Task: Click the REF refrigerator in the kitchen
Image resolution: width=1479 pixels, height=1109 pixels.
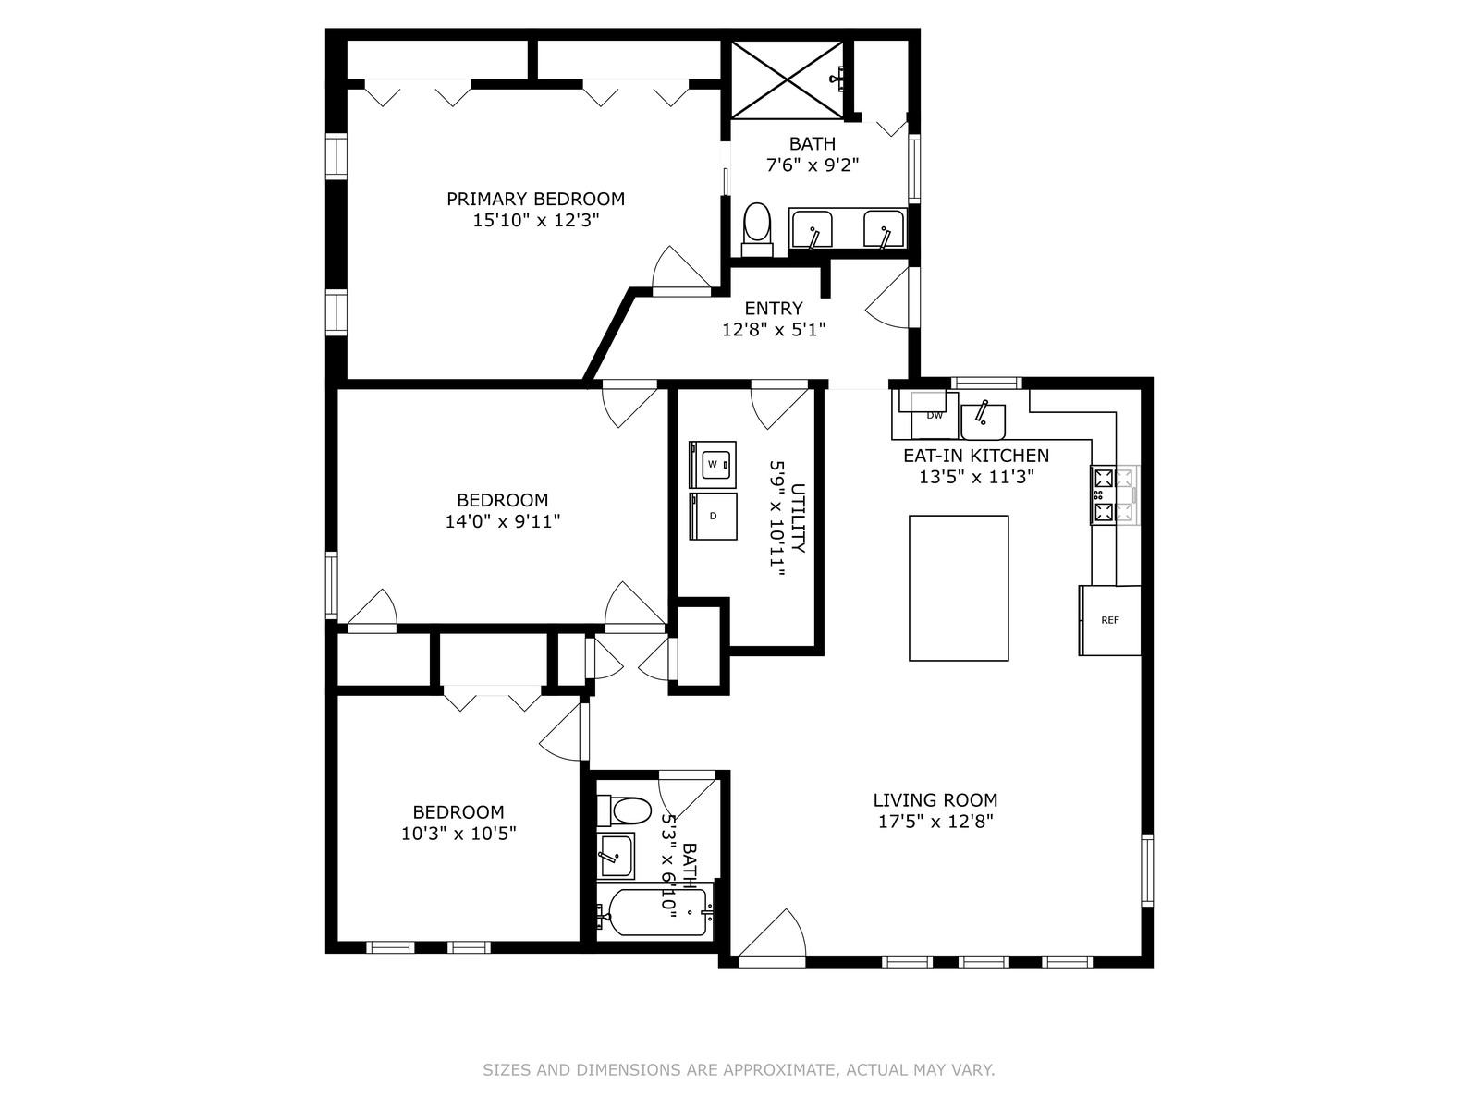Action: click(x=1109, y=620)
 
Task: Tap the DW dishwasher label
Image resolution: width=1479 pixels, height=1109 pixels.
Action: click(x=934, y=416)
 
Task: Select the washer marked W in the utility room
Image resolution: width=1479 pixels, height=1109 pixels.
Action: click(x=712, y=465)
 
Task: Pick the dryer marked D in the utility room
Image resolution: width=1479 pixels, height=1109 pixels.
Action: click(x=712, y=517)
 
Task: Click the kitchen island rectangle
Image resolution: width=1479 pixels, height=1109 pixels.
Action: click(x=959, y=588)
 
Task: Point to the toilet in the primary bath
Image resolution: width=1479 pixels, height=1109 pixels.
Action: click(x=757, y=229)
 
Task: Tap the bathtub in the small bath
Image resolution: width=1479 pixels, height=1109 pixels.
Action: click(x=655, y=912)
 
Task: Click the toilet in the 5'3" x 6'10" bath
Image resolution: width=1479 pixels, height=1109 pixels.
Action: click(x=624, y=811)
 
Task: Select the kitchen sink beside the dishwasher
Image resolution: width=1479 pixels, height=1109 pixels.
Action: click(x=984, y=421)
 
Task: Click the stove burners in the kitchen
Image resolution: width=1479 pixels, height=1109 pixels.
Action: click(x=1114, y=495)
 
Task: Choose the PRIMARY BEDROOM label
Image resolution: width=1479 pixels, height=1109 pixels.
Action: click(x=535, y=200)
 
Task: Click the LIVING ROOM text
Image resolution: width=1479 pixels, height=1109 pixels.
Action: click(x=935, y=800)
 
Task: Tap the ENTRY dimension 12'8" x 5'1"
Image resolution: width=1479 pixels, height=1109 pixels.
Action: click(x=774, y=330)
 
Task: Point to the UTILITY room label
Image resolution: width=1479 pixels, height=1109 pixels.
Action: click(x=798, y=518)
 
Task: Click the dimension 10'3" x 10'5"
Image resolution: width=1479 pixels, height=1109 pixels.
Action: click(x=458, y=834)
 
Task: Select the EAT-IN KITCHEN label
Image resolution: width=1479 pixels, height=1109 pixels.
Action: click(x=976, y=456)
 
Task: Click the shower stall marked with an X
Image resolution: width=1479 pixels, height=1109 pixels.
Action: click(x=787, y=80)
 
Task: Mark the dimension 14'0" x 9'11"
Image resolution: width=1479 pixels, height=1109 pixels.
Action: click(x=503, y=521)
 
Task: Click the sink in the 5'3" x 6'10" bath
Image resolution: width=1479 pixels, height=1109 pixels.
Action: click(x=616, y=856)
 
